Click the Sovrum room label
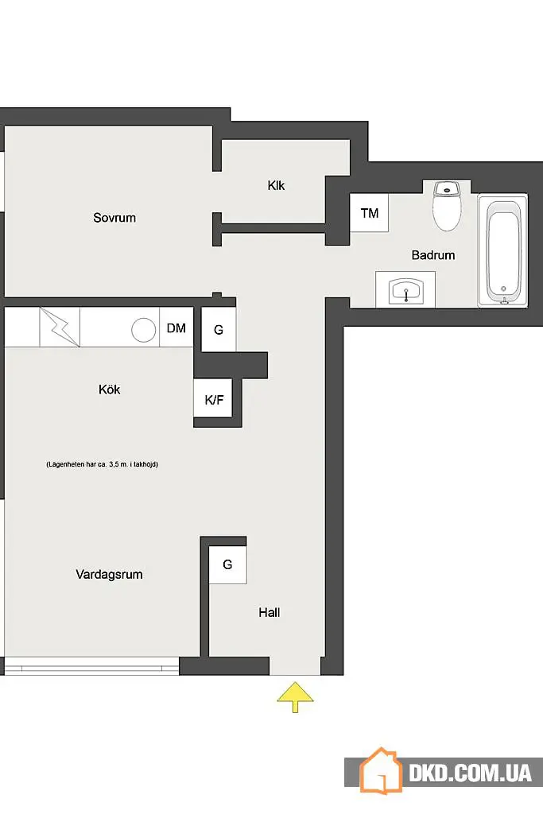click(x=114, y=218)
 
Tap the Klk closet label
click(x=276, y=185)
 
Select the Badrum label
click(x=433, y=255)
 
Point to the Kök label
click(x=109, y=390)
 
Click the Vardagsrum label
click(x=109, y=574)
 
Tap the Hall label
click(x=269, y=613)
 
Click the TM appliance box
click(x=369, y=213)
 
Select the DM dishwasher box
click(x=176, y=328)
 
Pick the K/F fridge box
click(x=213, y=399)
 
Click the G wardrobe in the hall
click(x=227, y=565)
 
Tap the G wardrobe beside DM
click(x=218, y=330)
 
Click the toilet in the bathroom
click(x=447, y=206)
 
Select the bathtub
click(x=502, y=250)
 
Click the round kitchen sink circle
click(x=143, y=330)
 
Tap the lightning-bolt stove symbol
click(x=60, y=327)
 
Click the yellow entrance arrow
click(x=295, y=697)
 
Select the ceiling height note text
click(x=102, y=464)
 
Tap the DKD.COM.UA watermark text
click(x=470, y=773)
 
